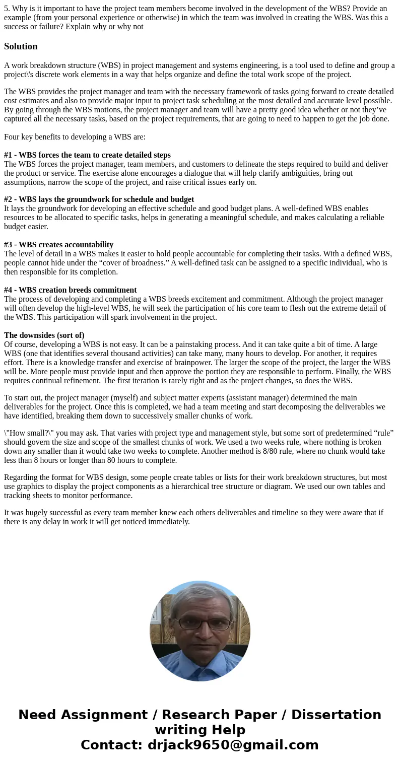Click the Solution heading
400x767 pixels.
coord(21,46)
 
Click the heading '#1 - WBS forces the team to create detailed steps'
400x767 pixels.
coord(87,155)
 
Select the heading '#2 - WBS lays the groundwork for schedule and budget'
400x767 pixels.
coord(99,199)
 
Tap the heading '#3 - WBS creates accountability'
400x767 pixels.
coord(58,245)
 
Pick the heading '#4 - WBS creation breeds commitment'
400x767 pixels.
coord(70,290)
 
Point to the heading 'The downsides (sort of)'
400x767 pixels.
coord(44,335)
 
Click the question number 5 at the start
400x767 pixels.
coord(7,9)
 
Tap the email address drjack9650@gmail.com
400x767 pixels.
coord(233,745)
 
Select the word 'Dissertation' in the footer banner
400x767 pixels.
coord(336,715)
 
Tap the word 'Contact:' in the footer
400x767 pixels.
coord(112,745)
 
